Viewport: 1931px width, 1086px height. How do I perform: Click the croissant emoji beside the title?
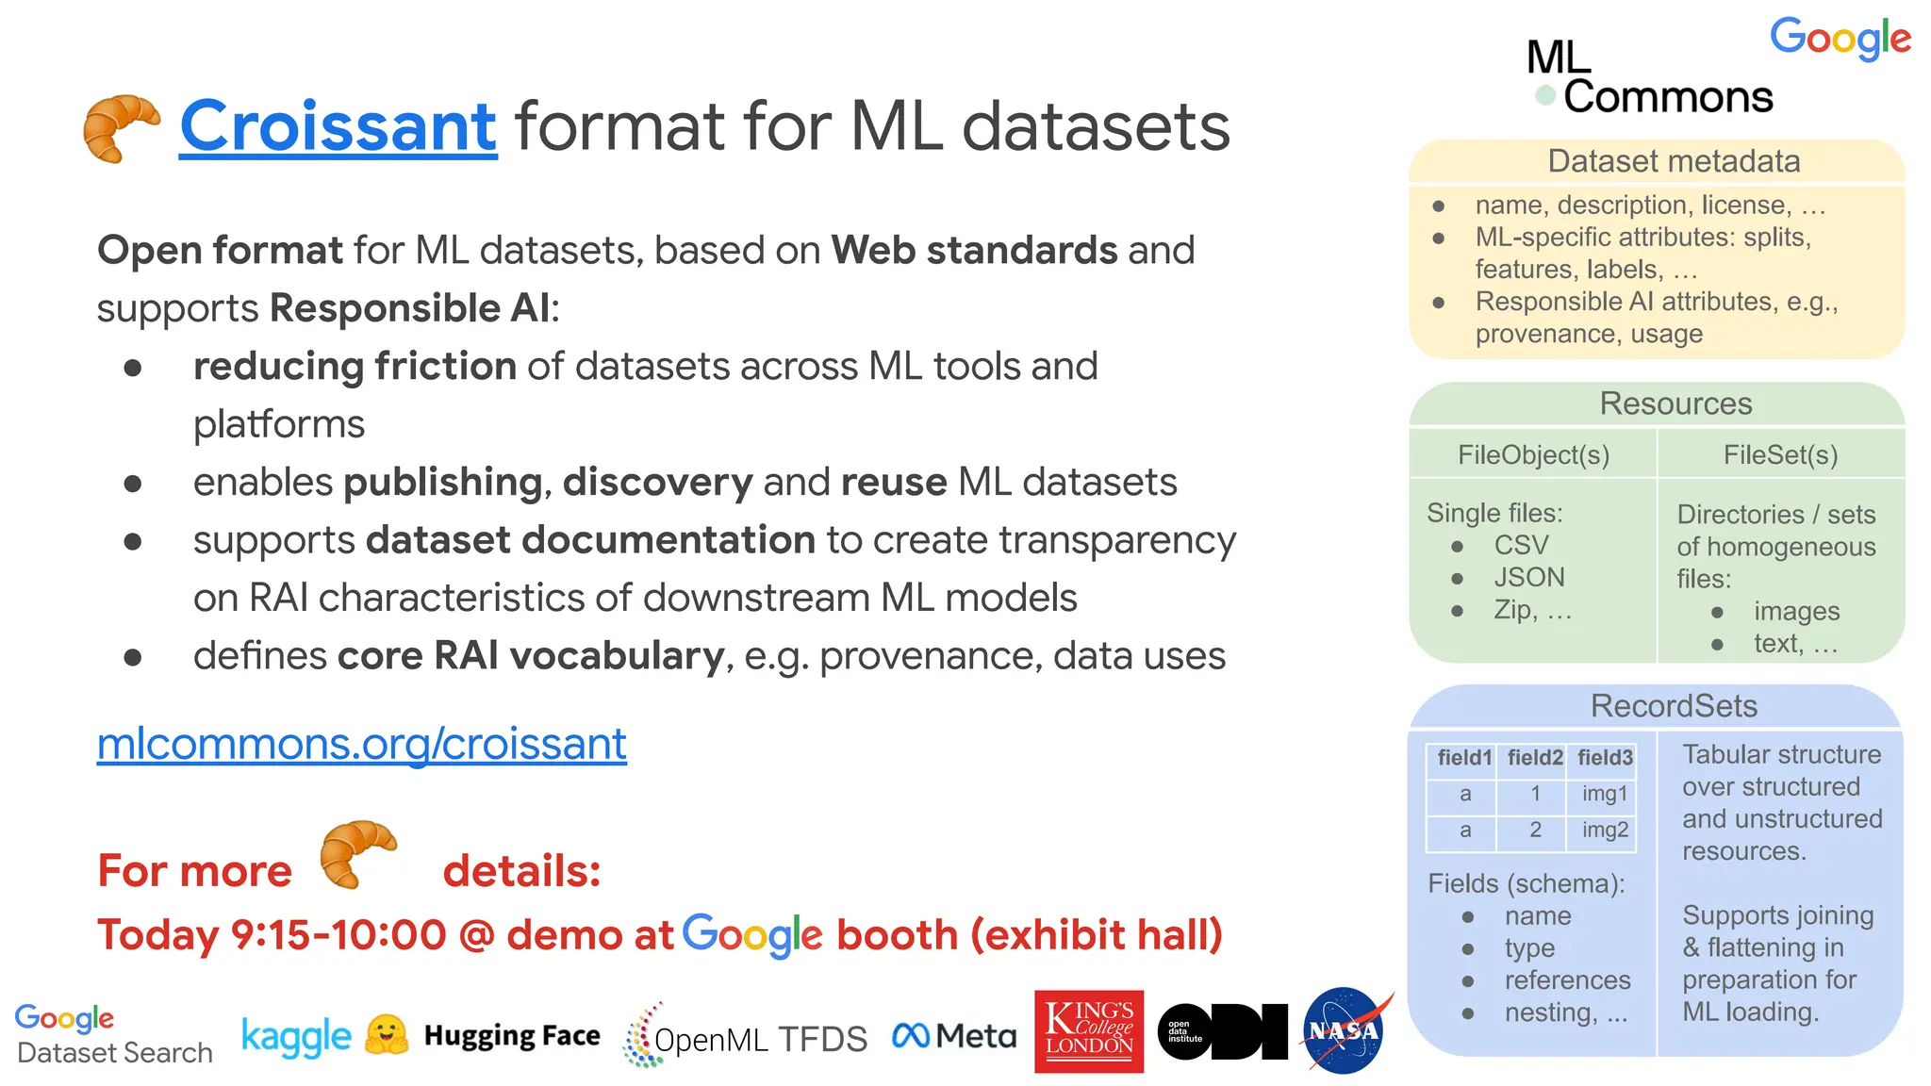click(x=121, y=128)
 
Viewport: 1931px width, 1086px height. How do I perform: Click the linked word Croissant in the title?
click(x=338, y=126)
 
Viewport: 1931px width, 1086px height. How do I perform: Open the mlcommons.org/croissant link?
click(x=361, y=744)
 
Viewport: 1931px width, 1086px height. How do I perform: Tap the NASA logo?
click(x=1345, y=1030)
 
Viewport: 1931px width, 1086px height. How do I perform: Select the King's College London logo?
click(x=1088, y=1030)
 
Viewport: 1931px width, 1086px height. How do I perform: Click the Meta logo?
click(x=954, y=1036)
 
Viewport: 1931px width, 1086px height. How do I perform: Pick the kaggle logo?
click(x=296, y=1036)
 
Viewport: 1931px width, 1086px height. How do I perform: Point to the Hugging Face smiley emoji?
click(x=387, y=1035)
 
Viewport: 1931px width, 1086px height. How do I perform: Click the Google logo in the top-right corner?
click(x=1840, y=39)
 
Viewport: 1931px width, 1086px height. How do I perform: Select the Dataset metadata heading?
click(x=1674, y=161)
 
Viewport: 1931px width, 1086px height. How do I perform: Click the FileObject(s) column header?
click(x=1533, y=454)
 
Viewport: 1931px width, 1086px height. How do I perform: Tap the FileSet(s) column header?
click(x=1780, y=454)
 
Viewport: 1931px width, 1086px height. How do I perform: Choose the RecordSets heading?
click(x=1674, y=706)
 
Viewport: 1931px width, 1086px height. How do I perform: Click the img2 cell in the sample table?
click(x=1605, y=830)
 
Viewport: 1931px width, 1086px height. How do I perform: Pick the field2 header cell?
click(x=1535, y=758)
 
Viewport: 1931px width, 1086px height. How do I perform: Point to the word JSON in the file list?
click(x=1529, y=577)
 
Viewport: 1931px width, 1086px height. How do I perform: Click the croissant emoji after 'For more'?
click(x=357, y=853)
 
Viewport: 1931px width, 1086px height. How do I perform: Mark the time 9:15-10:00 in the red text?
click(x=338, y=935)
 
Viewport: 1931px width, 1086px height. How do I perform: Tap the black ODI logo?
click(x=1222, y=1031)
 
